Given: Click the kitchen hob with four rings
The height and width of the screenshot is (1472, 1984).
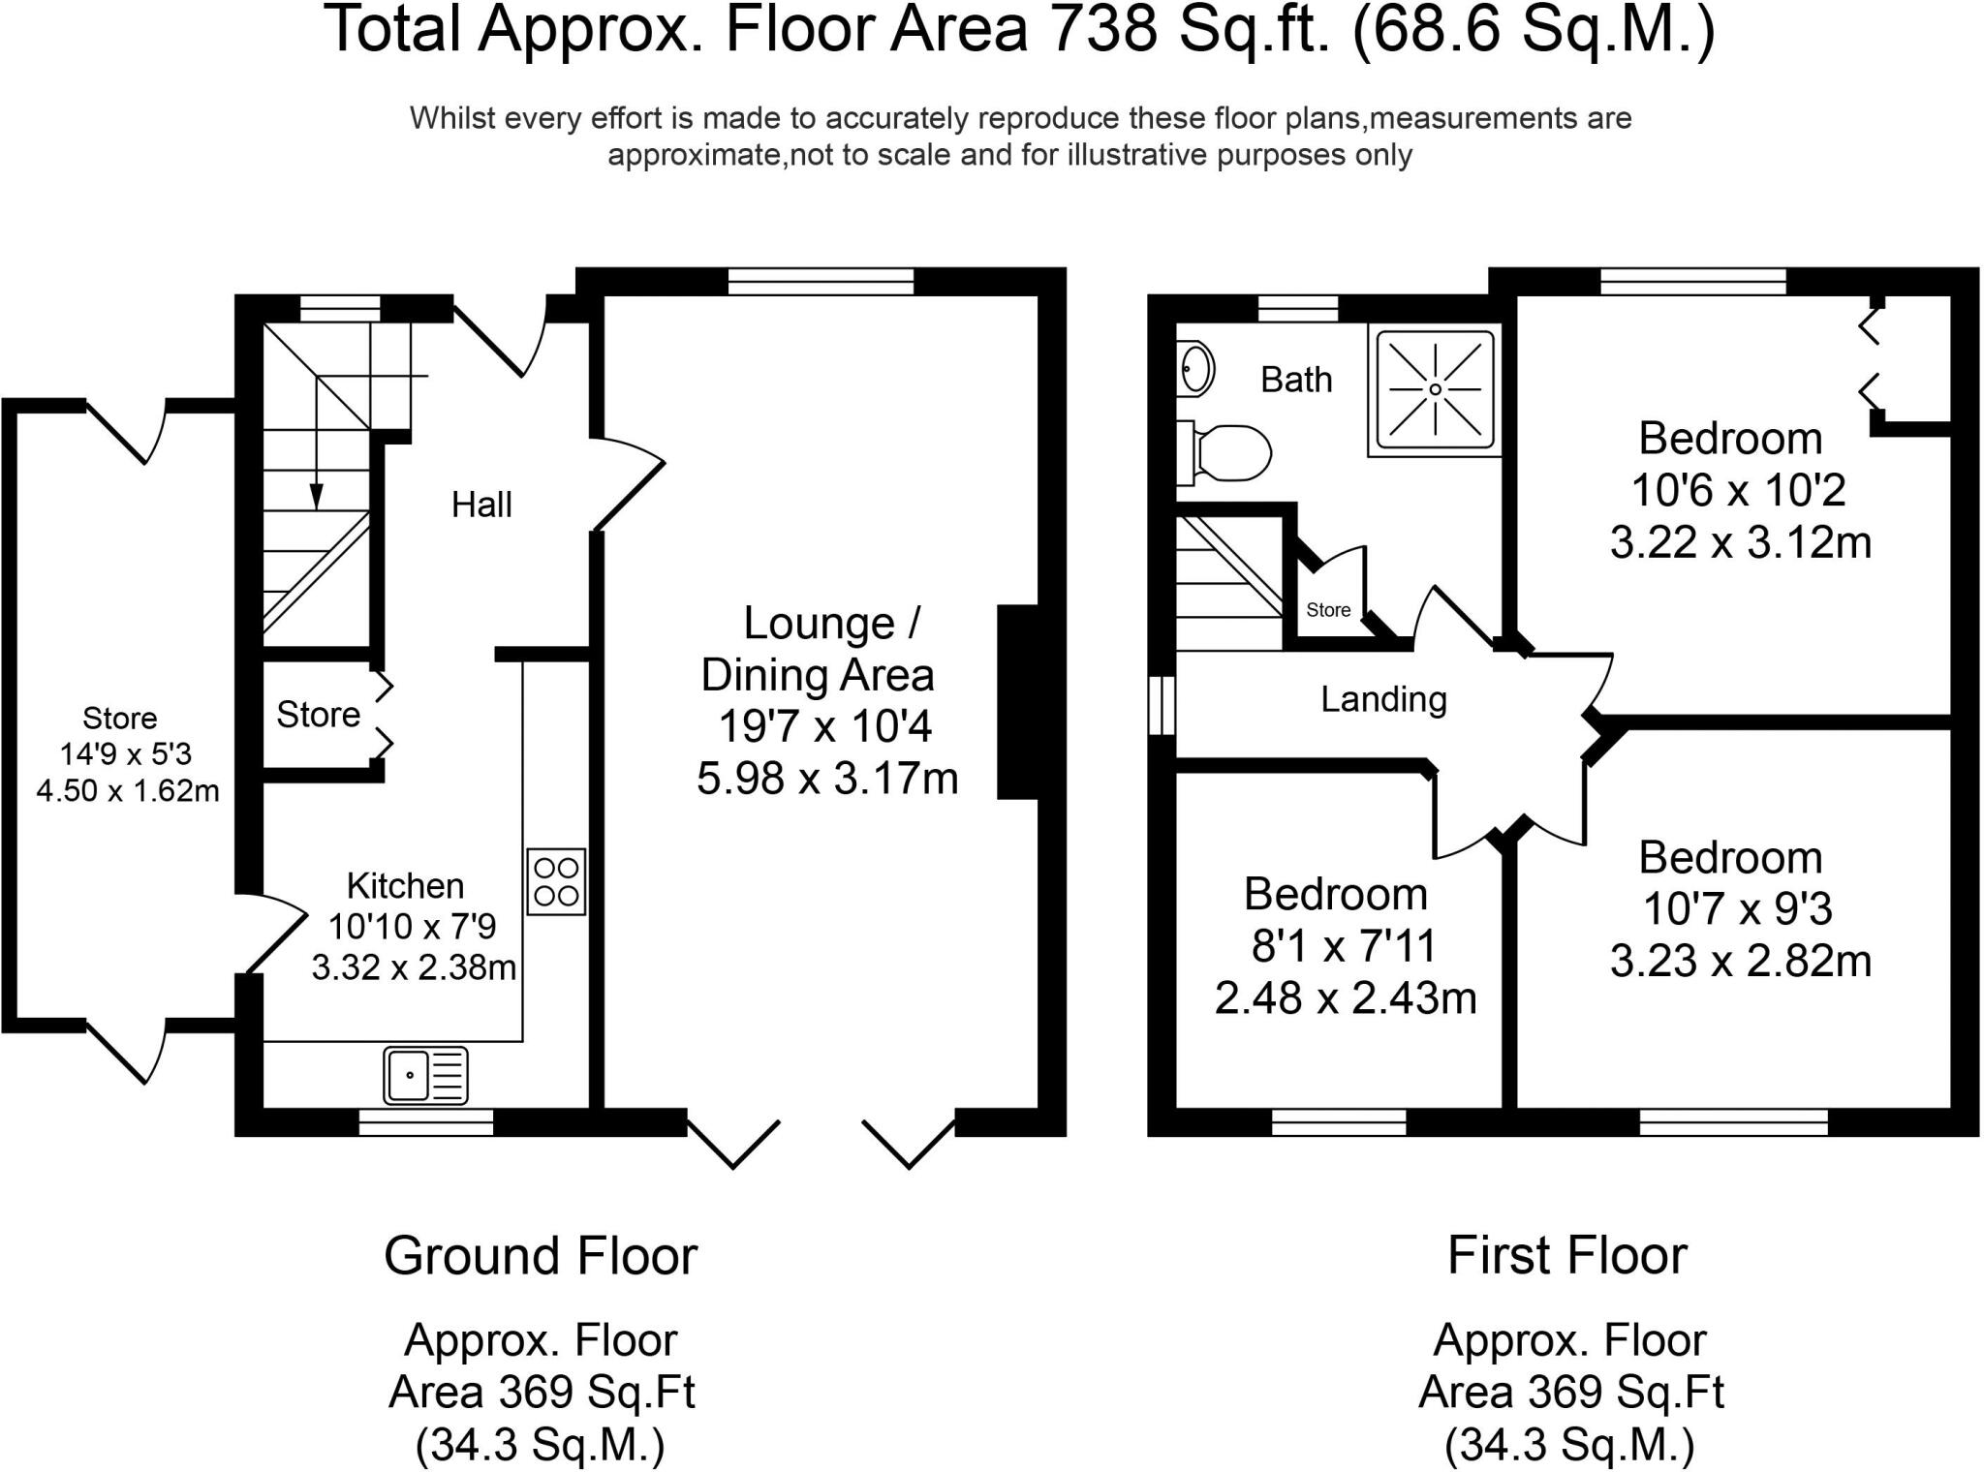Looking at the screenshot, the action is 556,881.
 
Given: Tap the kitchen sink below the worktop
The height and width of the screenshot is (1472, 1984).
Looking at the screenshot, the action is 426,1075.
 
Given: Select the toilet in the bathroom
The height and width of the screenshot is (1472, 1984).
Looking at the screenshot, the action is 1223,452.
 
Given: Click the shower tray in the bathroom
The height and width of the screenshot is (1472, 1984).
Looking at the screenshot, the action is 1435,389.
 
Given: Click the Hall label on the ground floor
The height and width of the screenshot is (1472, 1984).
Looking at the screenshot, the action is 481,505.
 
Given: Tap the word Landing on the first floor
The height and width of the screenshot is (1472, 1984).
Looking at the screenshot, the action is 1383,699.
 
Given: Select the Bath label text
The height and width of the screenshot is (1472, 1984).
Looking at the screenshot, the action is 1296,380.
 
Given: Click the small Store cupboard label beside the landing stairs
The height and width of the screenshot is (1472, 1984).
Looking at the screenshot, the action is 1328,610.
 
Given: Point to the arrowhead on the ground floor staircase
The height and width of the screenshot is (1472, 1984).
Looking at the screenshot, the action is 316,496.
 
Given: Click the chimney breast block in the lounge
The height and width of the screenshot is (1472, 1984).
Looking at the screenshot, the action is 1017,702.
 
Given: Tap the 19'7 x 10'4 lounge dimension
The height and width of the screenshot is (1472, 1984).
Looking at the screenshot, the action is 824,726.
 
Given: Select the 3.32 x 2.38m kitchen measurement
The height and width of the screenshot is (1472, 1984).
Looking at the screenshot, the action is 414,967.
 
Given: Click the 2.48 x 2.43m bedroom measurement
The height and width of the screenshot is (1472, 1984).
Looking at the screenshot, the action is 1346,998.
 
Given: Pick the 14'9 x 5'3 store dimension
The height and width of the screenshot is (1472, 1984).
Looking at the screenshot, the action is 126,754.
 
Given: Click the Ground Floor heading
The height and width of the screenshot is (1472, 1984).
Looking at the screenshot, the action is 541,1256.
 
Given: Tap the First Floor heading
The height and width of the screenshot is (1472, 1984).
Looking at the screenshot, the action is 1567,1256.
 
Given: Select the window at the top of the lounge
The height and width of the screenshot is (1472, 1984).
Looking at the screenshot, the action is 821,282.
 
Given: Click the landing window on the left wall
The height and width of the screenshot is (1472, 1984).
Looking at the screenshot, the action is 1162,705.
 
